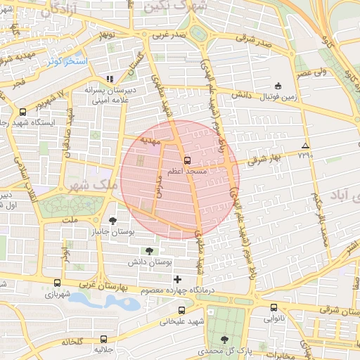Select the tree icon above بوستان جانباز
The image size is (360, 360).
click(x=112, y=221)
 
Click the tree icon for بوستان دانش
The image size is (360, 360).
click(x=148, y=250)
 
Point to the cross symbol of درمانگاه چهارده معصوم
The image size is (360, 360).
click(x=176, y=280)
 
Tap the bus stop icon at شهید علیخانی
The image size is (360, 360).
click(x=182, y=310)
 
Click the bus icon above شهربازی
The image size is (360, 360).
click(x=56, y=283)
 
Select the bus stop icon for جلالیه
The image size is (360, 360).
click(x=103, y=338)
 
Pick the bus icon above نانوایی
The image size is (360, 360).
click(x=275, y=307)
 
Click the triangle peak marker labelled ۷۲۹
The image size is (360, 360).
click(x=304, y=145)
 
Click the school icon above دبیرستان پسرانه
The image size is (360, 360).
click(x=109, y=79)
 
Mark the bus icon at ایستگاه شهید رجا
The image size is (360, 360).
click(x=23, y=111)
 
